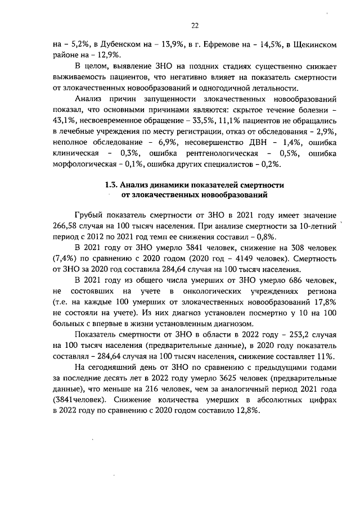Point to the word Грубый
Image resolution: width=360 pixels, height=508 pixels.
[x=91, y=216]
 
